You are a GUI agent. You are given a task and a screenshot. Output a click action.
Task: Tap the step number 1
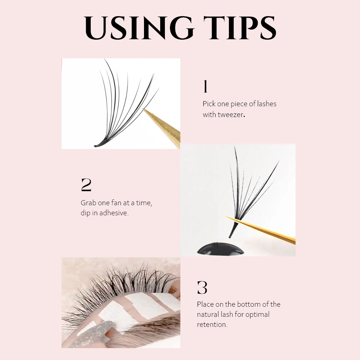[205, 87]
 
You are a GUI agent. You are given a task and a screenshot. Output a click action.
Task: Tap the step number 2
[86, 185]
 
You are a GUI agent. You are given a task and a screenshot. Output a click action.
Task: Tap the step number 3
[202, 288]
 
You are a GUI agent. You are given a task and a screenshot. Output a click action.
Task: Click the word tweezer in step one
[231, 115]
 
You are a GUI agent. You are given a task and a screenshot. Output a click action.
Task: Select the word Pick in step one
[209, 104]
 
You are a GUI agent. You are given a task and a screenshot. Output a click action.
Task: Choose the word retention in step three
[212, 324]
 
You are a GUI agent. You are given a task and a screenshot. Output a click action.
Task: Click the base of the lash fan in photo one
[99, 145]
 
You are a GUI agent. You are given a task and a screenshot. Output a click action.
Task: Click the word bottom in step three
[249, 304]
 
